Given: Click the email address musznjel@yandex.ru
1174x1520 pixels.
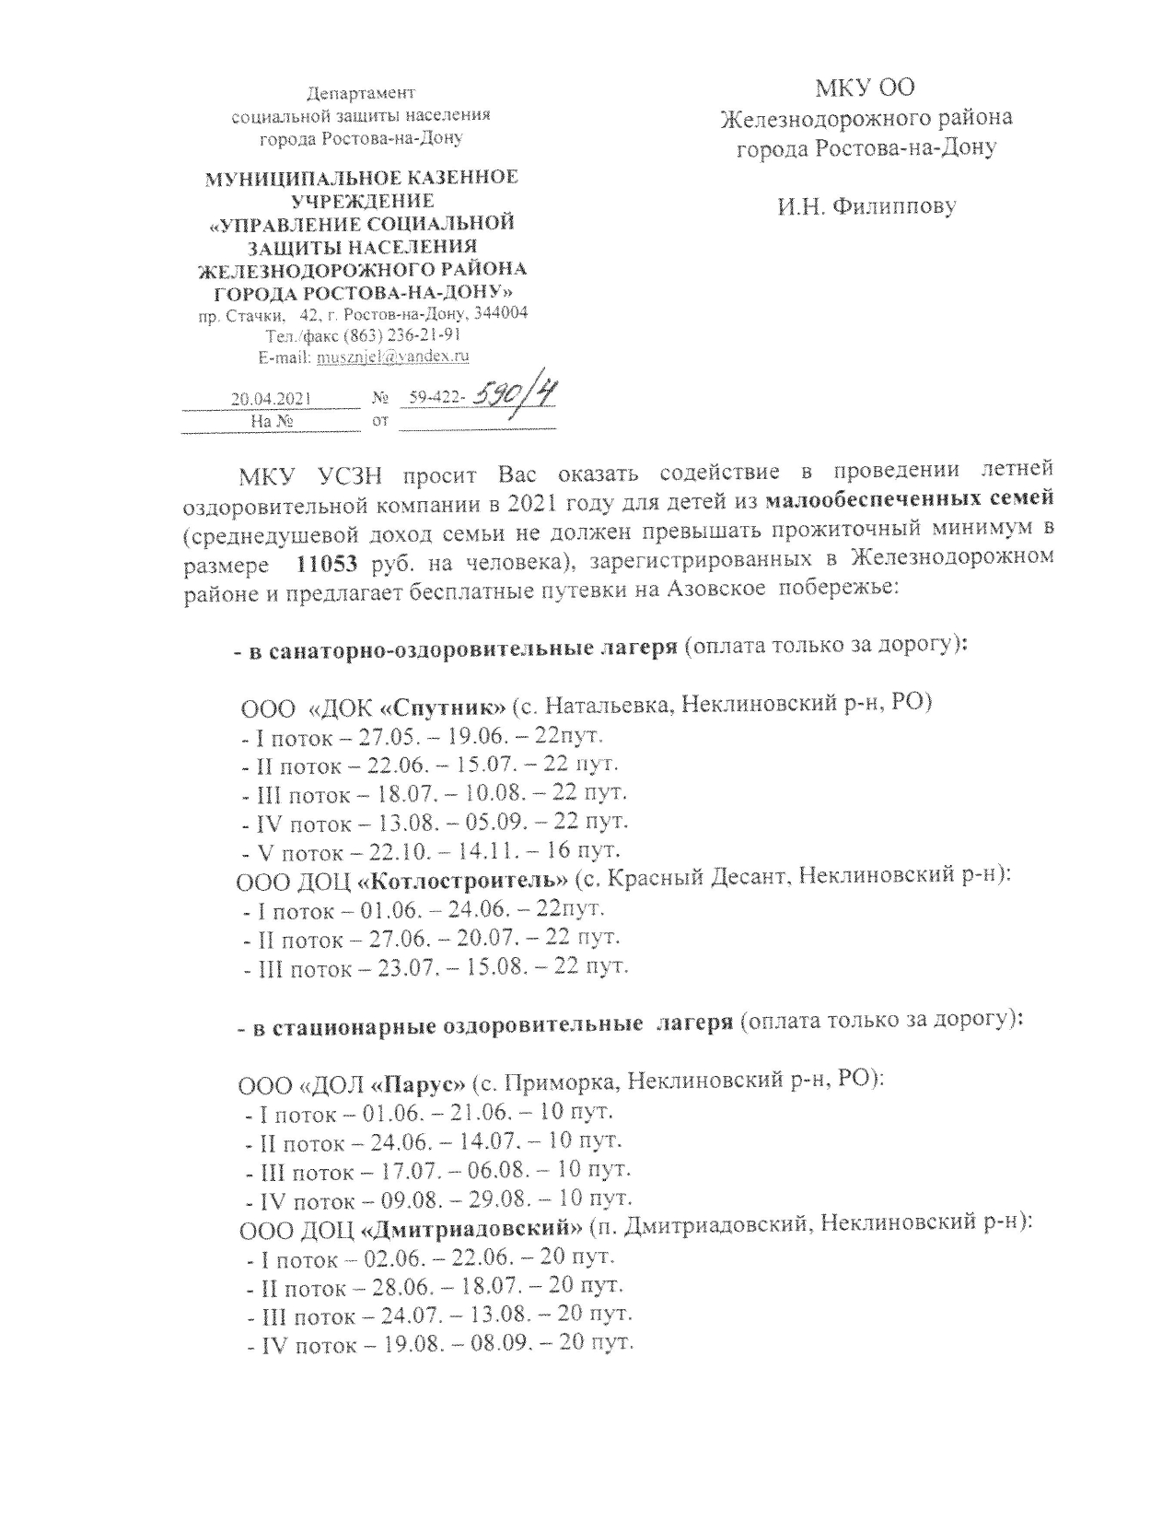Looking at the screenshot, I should click(x=393, y=356).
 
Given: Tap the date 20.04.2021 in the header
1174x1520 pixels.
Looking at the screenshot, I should click(x=271, y=400).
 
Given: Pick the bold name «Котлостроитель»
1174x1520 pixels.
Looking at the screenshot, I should click(x=462, y=880).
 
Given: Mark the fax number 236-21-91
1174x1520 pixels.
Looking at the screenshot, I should click(x=425, y=334).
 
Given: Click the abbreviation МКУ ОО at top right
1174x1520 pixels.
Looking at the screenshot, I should click(x=866, y=88).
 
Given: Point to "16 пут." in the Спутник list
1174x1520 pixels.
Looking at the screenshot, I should click(x=585, y=849).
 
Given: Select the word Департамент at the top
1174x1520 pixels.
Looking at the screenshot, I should click(x=361, y=93).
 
